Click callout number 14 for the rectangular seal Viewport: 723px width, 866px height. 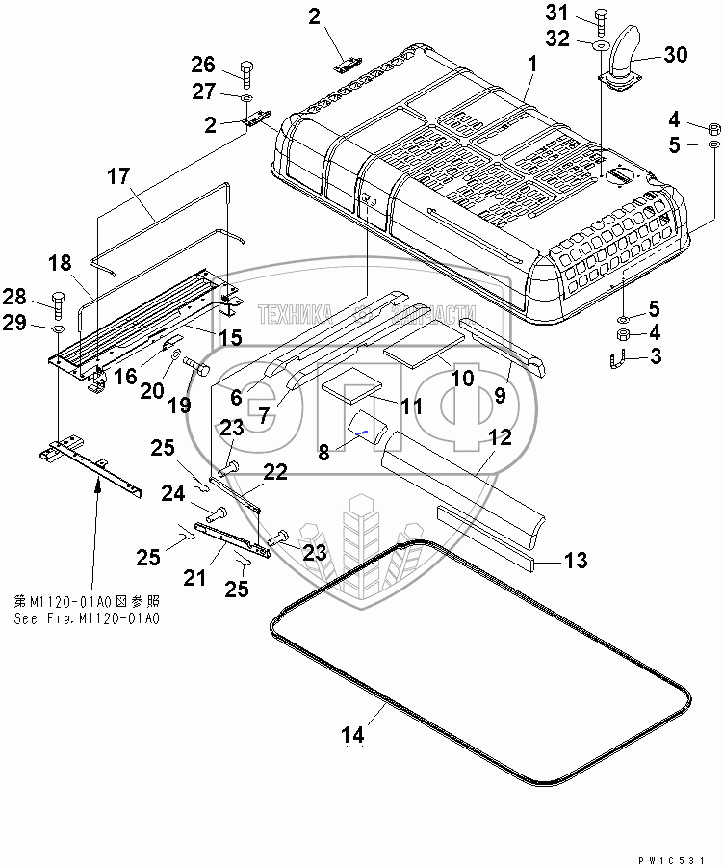tap(352, 734)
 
